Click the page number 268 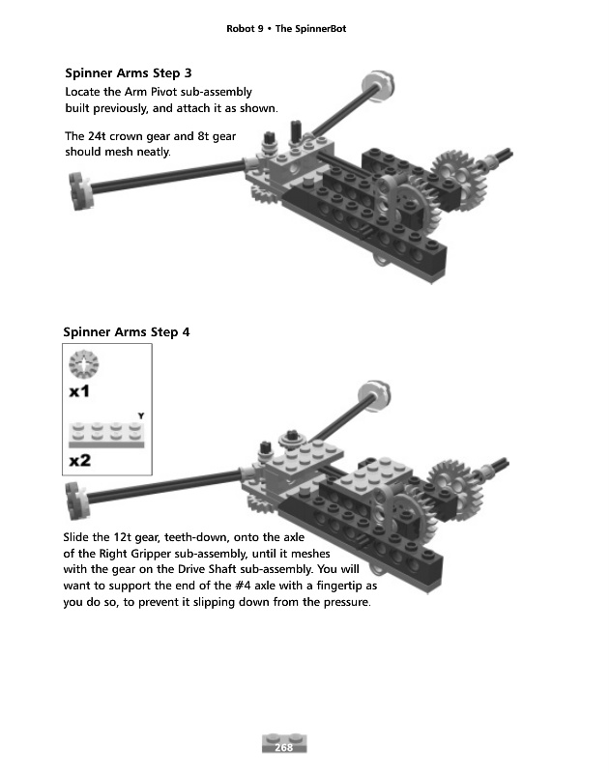[284, 747]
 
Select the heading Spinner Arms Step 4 [127, 332]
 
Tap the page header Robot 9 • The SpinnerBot [285, 29]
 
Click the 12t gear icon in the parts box [85, 365]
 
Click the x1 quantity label [81, 392]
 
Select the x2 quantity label [81, 460]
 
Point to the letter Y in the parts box [141, 415]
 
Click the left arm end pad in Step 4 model [77, 499]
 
